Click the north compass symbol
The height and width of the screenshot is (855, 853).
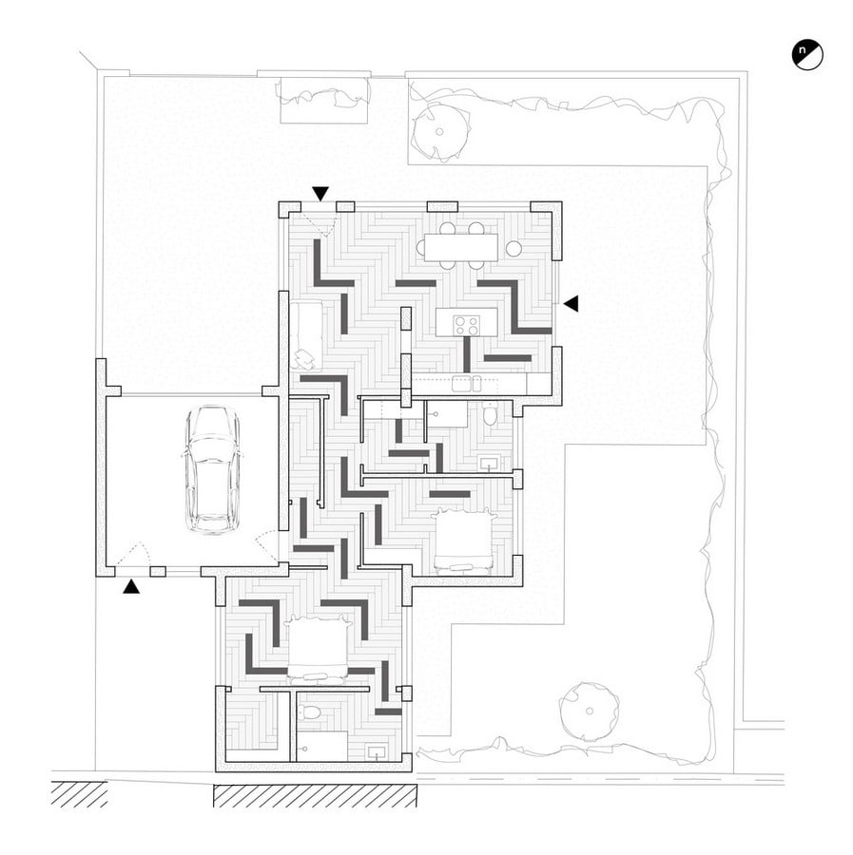pos(807,54)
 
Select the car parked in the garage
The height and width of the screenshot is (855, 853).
pos(212,469)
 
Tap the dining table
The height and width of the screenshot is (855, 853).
pos(462,247)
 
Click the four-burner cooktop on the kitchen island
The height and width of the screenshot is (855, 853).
pos(466,326)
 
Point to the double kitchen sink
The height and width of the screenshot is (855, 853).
pos(467,384)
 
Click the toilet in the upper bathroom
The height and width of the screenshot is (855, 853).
pos(490,414)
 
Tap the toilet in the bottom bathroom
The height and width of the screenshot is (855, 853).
pos(311,712)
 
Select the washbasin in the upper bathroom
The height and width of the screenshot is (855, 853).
pos(489,464)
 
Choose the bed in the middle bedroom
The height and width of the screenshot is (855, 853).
pos(463,540)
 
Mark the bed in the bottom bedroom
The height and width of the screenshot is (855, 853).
pos(318,648)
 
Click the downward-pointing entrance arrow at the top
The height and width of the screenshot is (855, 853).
pos(320,193)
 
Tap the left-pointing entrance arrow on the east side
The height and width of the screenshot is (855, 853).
pos(571,304)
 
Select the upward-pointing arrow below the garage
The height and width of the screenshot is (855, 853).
pos(131,586)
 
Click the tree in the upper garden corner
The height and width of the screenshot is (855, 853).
pos(440,131)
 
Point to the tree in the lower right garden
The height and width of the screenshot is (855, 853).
pos(589,711)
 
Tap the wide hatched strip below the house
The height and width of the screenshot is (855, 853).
pos(315,795)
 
